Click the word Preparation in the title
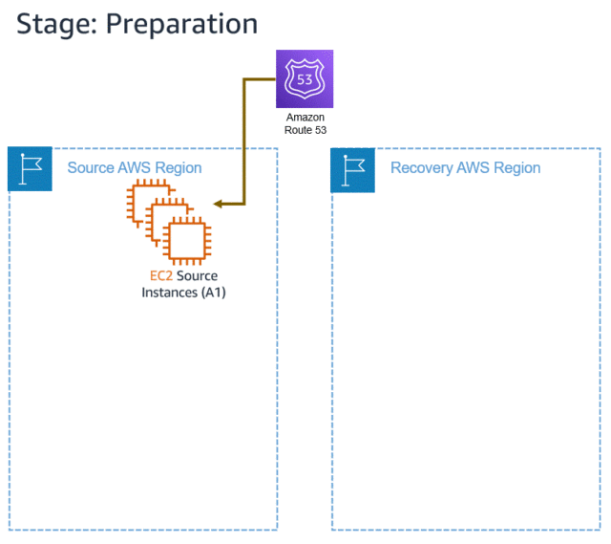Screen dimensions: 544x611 point(181,24)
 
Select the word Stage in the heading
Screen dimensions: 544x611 point(53,24)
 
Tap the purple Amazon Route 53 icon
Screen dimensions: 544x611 point(305,79)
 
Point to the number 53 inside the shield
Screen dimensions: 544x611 point(305,78)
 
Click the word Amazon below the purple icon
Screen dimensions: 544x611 point(305,117)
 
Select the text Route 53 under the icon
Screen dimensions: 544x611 point(305,129)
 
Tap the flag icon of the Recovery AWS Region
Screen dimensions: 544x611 point(352,170)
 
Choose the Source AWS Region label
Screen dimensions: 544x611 point(134,168)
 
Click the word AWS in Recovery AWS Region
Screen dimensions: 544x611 point(474,168)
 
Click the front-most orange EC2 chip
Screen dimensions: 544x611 point(186,239)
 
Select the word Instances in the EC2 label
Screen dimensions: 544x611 point(167,293)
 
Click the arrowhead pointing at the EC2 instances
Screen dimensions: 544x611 point(219,204)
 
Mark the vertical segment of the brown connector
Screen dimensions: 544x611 point(245,143)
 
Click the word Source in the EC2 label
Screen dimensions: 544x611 point(197,276)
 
